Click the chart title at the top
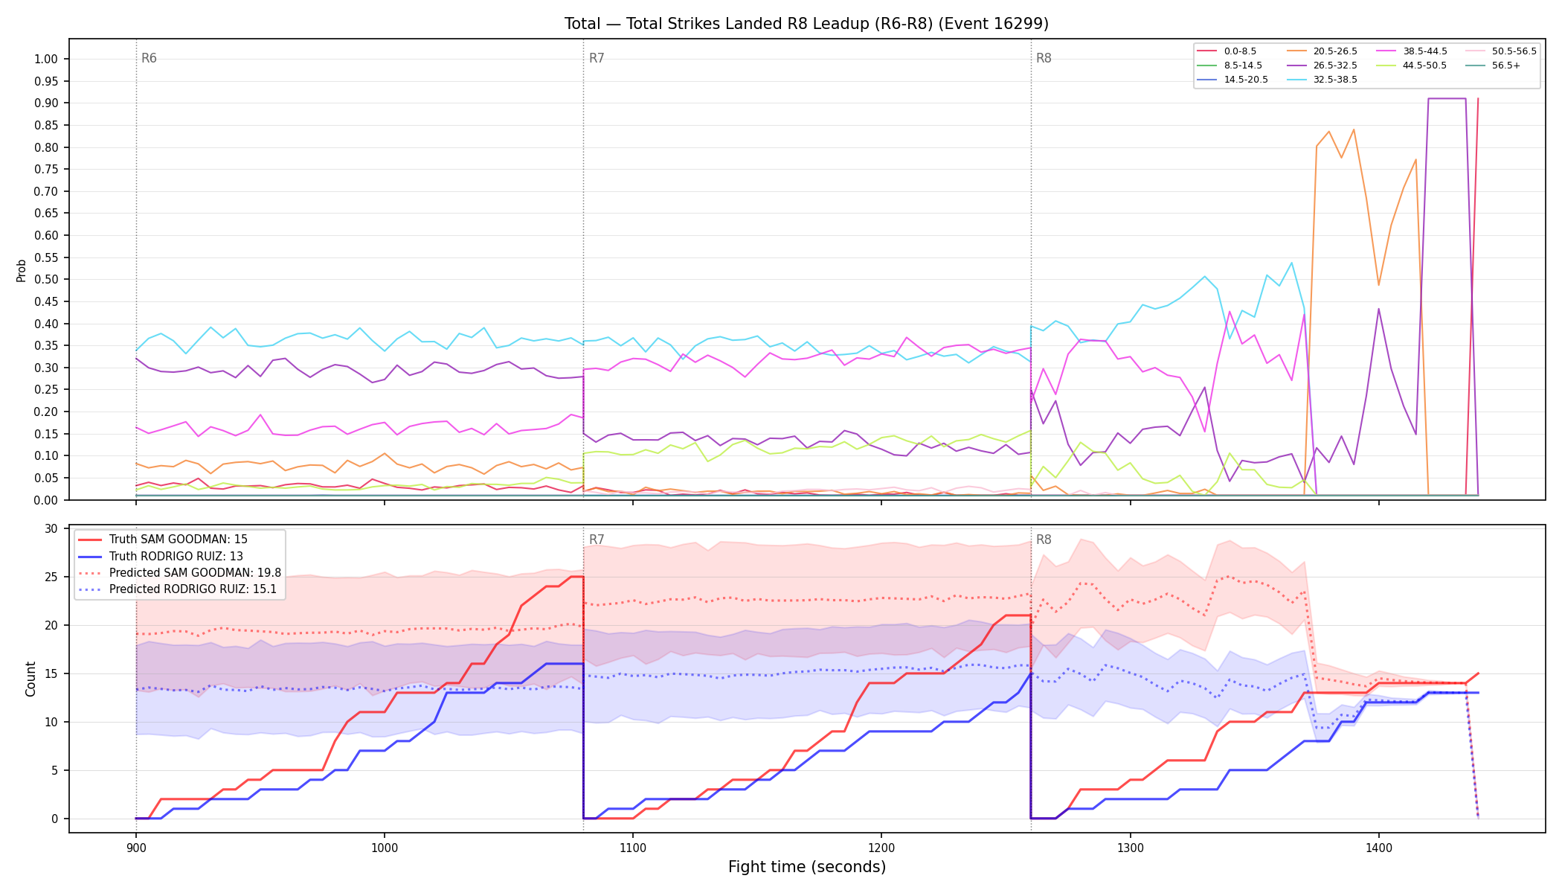806,24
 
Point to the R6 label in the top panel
149,58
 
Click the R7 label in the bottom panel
597,540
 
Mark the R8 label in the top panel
1044,58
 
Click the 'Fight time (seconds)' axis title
807,867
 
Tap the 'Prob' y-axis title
22,270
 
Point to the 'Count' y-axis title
30,679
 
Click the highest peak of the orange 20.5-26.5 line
1354,129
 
